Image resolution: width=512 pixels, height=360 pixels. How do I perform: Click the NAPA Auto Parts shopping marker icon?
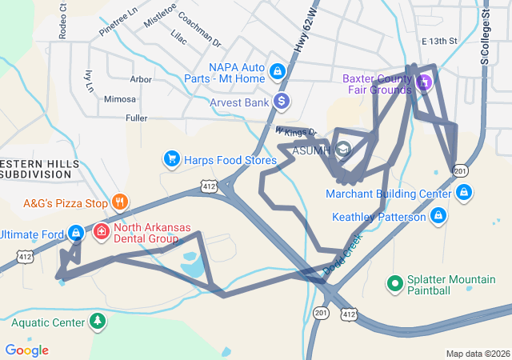277,71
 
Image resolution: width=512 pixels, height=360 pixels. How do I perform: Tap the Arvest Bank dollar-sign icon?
281,102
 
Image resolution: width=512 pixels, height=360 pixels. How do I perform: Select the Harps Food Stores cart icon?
171,159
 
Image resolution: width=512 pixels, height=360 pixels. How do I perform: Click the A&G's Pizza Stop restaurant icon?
119,202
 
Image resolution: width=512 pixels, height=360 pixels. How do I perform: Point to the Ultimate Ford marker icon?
75,233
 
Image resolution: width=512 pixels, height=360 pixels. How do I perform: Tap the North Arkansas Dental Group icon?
102,232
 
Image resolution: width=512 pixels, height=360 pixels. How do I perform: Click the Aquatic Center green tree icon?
98,322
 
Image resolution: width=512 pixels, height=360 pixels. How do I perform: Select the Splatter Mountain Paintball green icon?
394,282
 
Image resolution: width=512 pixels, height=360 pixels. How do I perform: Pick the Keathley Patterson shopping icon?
438,216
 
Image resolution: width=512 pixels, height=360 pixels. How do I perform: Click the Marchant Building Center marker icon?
464,193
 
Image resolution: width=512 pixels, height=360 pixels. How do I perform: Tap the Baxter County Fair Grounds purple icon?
424,81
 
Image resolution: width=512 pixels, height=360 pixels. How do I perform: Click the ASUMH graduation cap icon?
343,150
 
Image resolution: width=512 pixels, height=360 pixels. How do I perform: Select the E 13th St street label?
438,41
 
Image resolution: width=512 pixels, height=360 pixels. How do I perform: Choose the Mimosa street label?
121,99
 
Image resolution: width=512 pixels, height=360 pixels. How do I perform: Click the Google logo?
26,350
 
